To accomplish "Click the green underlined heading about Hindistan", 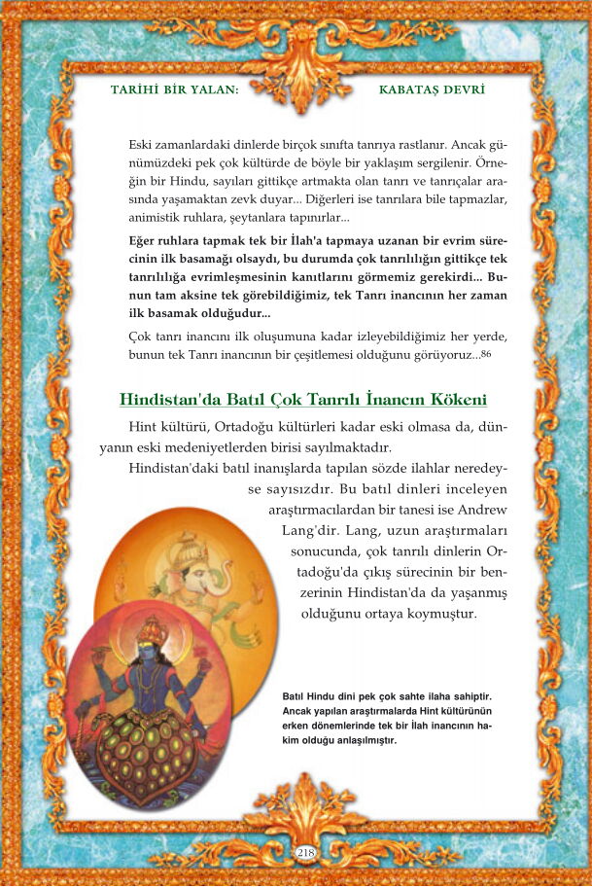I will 302,400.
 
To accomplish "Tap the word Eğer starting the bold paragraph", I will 146,239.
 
